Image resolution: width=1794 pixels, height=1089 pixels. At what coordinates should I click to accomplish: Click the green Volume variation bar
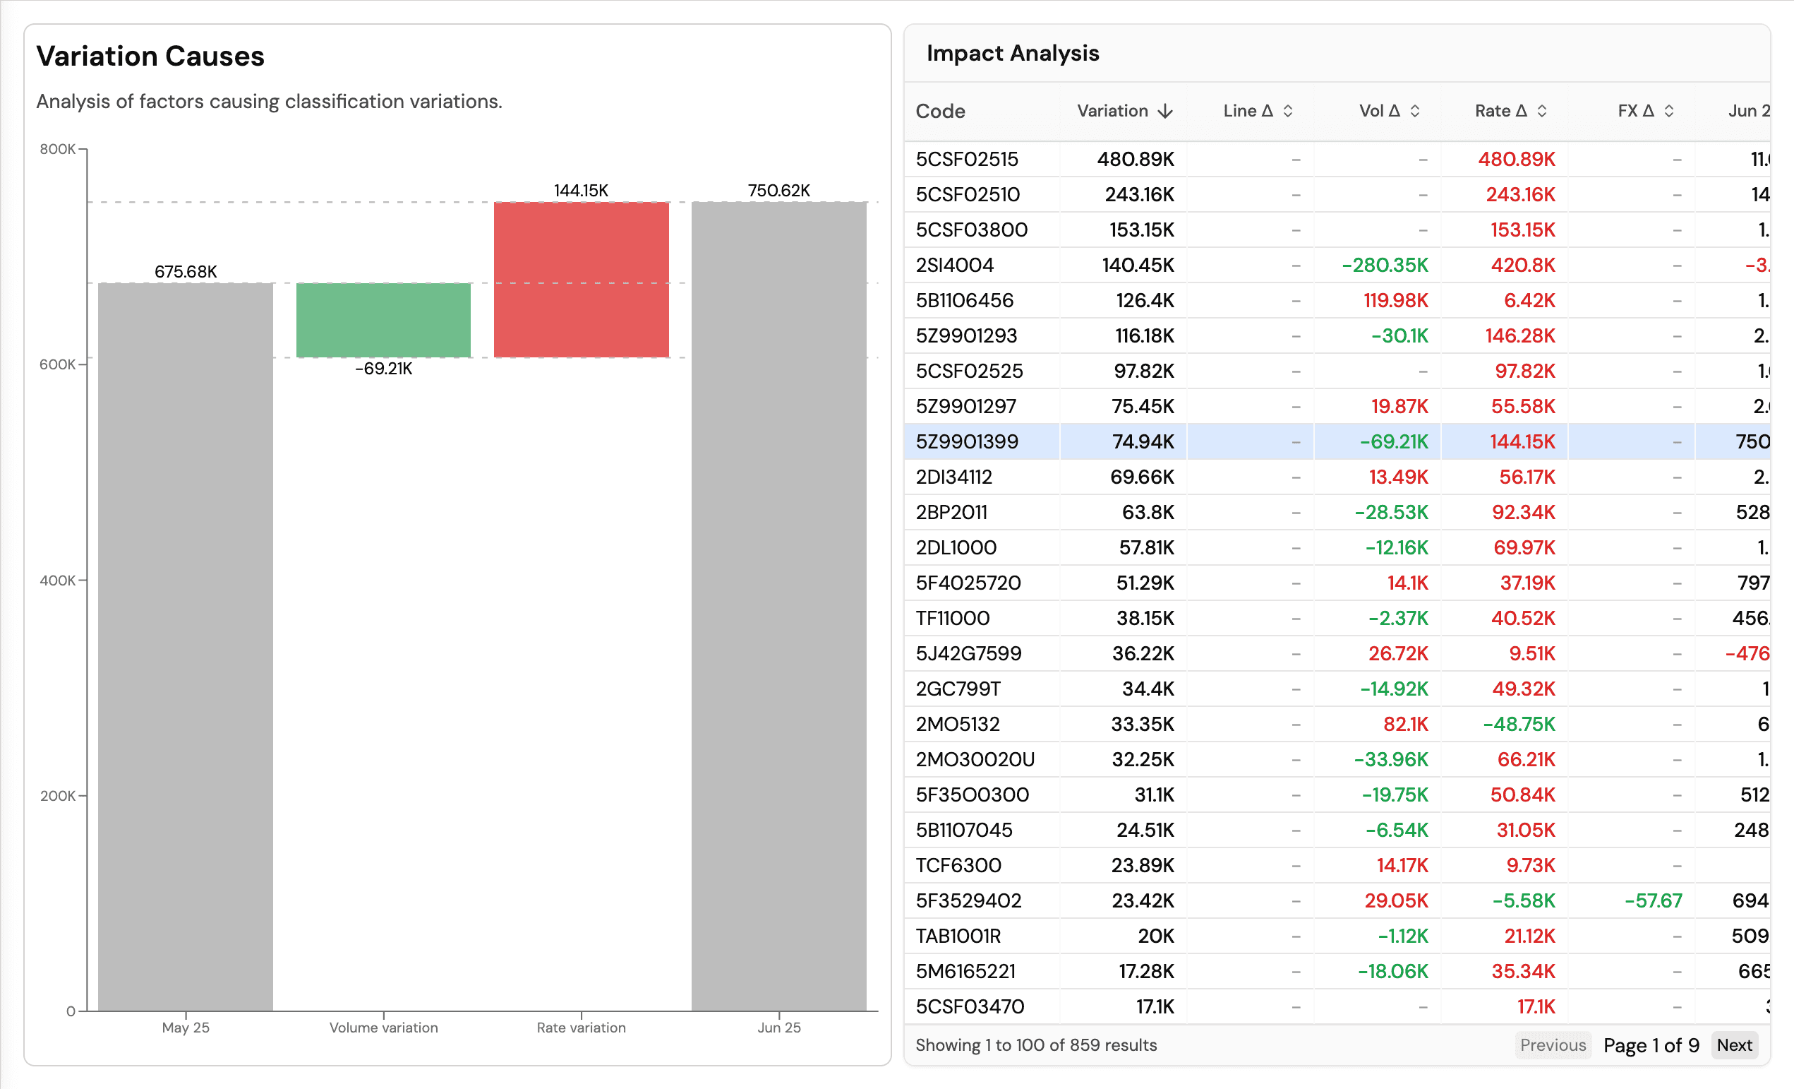tap(383, 320)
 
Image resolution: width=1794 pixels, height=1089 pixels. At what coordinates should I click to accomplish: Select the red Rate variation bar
tap(581, 279)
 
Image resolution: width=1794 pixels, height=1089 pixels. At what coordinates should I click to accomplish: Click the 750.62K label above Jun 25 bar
tap(778, 190)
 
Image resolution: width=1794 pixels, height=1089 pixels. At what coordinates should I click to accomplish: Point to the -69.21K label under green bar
tap(383, 369)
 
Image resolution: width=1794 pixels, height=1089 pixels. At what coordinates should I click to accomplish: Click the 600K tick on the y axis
tap(58, 364)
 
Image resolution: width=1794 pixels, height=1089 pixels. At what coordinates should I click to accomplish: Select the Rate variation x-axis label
tap(581, 1027)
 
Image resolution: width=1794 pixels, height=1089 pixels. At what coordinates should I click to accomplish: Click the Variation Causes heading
tap(150, 56)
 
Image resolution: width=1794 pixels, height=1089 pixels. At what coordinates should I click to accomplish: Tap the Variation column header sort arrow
tap(1165, 111)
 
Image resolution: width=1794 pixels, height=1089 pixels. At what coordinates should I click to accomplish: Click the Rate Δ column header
tap(1501, 111)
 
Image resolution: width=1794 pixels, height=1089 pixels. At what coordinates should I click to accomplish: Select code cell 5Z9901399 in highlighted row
tap(966, 441)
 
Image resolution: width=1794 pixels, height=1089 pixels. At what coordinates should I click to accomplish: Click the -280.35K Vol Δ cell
tap(1385, 265)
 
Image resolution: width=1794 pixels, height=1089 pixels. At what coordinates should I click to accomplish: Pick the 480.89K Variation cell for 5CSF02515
tap(1135, 159)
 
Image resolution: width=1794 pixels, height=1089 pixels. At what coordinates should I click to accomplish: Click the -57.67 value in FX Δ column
tap(1653, 900)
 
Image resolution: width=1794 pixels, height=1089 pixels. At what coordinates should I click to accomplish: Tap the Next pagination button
tap(1733, 1045)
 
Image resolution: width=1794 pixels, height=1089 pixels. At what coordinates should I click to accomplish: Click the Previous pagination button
tap(1552, 1045)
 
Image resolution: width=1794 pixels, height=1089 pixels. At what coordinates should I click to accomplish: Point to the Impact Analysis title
tap(1012, 53)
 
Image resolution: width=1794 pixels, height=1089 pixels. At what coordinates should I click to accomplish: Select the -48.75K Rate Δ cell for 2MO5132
tap(1519, 724)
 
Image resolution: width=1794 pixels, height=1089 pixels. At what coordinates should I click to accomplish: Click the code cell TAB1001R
tap(958, 936)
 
